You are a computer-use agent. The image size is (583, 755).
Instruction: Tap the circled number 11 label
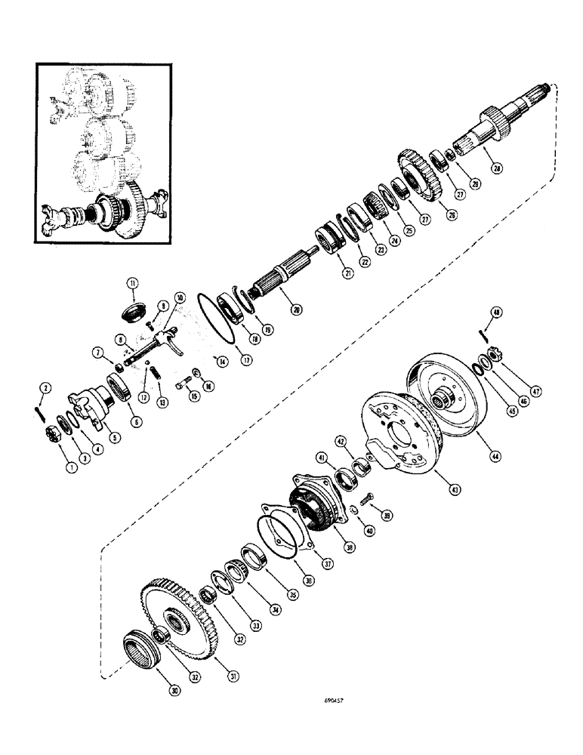(x=133, y=283)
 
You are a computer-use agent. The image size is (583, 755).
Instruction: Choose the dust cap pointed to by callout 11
(x=134, y=311)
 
